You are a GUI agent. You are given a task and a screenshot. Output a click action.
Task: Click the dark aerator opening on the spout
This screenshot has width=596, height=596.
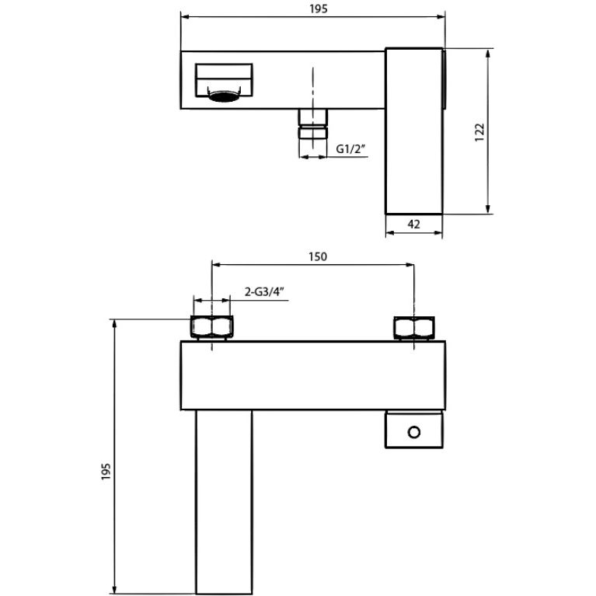coord(224,98)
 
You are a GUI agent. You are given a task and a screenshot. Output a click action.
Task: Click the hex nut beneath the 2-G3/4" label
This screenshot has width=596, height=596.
coord(211,328)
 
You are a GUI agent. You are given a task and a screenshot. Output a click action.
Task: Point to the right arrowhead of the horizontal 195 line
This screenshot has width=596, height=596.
coord(443,16)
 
